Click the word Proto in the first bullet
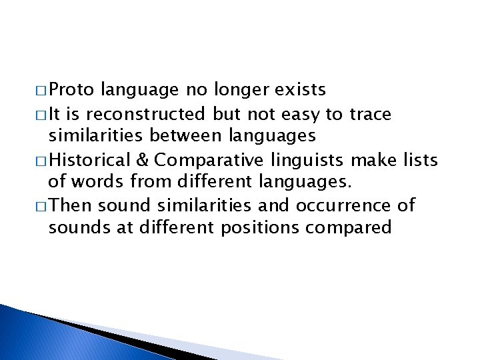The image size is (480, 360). (x=74, y=89)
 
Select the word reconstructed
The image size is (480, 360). (x=153, y=115)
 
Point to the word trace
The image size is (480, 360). (x=369, y=115)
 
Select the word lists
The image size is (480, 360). (x=415, y=160)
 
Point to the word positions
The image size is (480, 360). (x=260, y=227)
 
